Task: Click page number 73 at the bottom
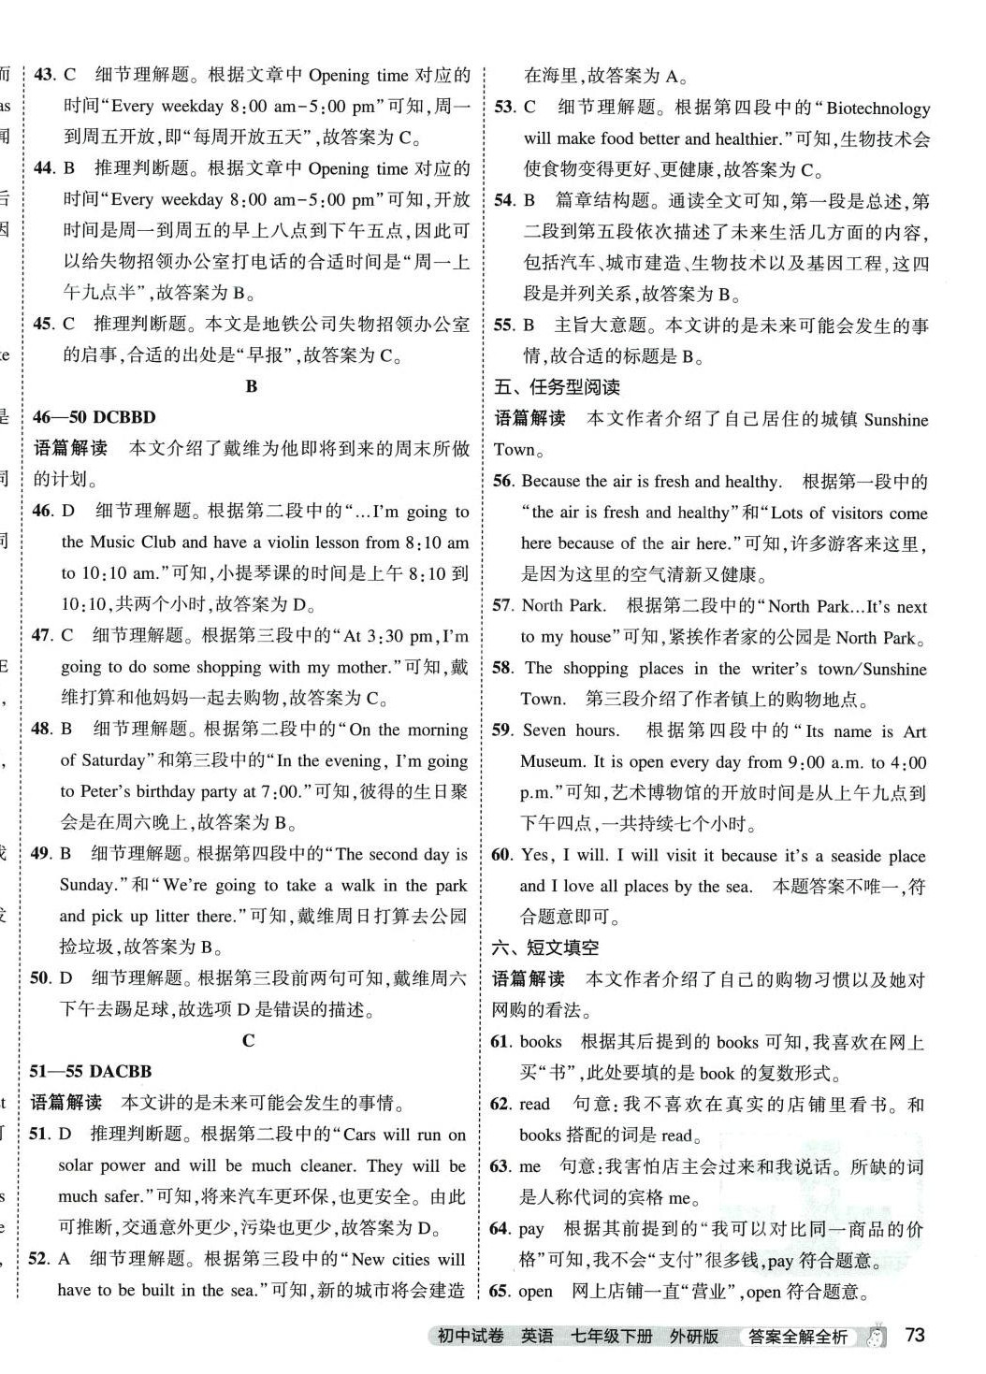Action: point(914,1334)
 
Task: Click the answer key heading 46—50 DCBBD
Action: point(94,417)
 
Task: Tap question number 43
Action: point(44,75)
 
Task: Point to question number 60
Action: point(502,855)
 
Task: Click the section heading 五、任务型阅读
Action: point(557,387)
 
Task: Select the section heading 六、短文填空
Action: point(545,947)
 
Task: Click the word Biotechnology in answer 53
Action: point(878,108)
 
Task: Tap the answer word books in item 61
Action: point(541,1041)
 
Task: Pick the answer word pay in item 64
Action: point(531,1228)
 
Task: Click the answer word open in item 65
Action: point(535,1291)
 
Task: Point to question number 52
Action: point(38,1258)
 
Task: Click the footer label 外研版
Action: point(694,1336)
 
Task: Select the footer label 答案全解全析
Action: point(797,1337)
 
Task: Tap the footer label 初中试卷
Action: point(471,1336)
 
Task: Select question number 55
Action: point(503,325)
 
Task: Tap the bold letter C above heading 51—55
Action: point(248,1040)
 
